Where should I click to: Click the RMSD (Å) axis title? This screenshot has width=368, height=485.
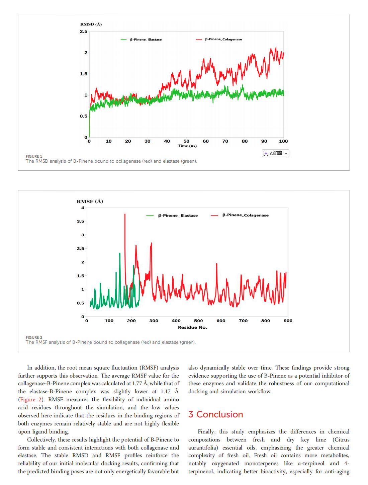pos(91,24)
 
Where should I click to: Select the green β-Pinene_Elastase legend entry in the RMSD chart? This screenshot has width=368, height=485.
pos(142,39)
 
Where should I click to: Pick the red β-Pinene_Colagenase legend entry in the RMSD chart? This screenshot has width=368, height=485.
pos(219,39)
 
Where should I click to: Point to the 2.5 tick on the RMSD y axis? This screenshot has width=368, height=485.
pos(83,31)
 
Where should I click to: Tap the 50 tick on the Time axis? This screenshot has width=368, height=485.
pos(186,141)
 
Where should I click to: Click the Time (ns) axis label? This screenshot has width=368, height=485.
pos(187,146)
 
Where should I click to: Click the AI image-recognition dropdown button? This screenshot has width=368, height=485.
pos(275,153)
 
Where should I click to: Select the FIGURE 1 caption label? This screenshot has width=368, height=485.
pos(34,156)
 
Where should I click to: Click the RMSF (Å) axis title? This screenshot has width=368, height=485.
pos(90,201)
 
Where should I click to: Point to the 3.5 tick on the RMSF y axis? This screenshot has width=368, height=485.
pos(80,221)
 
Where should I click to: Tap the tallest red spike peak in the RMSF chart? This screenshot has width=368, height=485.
pos(125,215)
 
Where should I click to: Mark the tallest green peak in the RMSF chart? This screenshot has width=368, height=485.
pos(120,254)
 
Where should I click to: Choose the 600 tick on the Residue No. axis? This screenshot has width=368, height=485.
pos(221,321)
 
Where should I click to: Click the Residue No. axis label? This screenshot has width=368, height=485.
pos(192,327)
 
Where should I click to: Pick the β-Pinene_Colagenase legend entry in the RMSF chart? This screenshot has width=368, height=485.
pos(240,215)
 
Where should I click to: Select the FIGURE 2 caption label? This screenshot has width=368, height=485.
pos(34,337)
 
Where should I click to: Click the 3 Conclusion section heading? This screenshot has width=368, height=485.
pos(215,414)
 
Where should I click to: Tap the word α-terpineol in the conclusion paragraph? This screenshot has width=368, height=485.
pos(311,464)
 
